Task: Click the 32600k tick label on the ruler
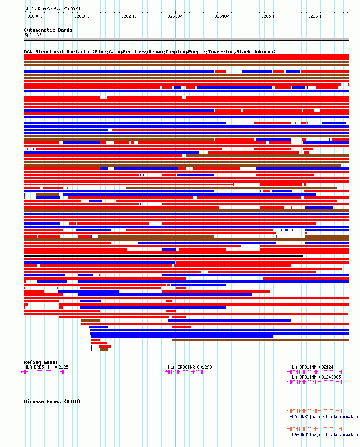point(34,17)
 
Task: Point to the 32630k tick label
point(175,17)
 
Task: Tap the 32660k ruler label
point(315,17)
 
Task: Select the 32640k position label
point(222,17)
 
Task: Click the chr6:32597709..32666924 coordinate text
point(52,8)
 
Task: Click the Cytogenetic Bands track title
point(48,30)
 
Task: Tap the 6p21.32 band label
point(33,35)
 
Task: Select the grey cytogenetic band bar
point(186,39)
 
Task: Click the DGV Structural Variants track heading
point(150,52)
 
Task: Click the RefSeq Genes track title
point(41,362)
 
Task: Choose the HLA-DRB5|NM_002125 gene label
point(46,367)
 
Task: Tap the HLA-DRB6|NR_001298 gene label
point(190,367)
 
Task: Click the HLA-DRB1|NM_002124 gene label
point(311,367)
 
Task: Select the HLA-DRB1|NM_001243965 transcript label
point(315,377)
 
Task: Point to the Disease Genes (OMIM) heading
point(52,401)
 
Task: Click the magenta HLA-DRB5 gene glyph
point(44,372)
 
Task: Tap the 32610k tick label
point(81,17)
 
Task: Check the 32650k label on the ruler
point(268,17)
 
